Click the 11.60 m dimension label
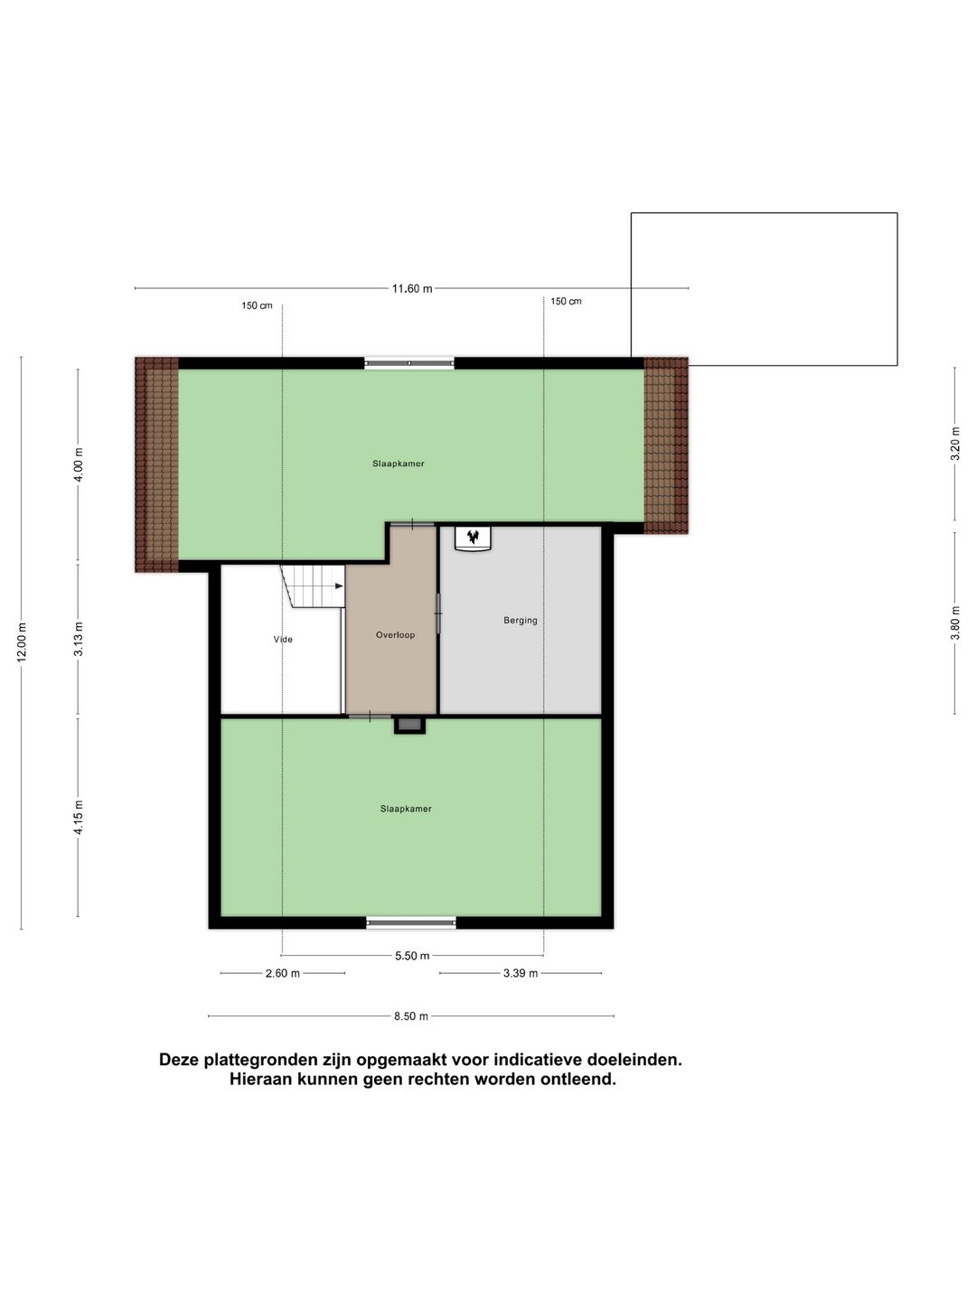411,289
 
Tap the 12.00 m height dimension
22,642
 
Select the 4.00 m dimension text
79,465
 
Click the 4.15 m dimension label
79,817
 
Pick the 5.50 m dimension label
412,956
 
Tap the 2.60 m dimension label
283,973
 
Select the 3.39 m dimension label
521,973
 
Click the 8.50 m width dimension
411,1016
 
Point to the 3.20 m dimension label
955,444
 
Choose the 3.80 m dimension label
955,622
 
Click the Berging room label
521,621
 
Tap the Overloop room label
396,635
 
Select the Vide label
283,640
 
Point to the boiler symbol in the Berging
472,538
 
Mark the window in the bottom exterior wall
411,922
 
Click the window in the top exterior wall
409,363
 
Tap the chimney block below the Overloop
409,725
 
